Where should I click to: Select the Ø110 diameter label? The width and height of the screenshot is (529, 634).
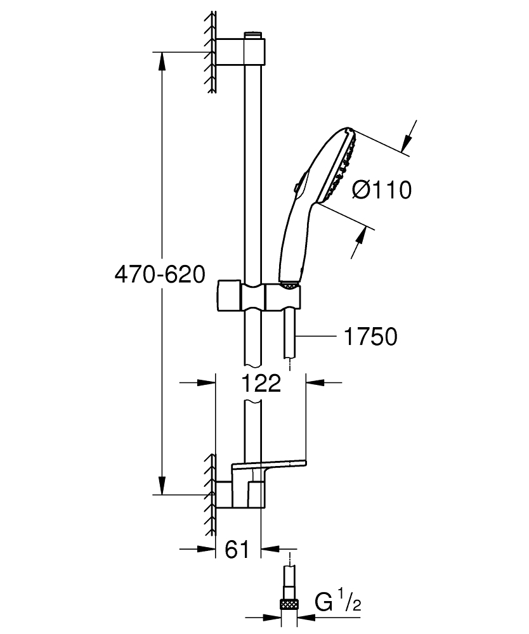click(381, 190)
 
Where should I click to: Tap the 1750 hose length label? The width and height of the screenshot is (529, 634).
click(370, 337)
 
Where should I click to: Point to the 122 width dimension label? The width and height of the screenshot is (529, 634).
click(261, 383)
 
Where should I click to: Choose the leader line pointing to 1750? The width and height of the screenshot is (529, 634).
click(317, 336)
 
